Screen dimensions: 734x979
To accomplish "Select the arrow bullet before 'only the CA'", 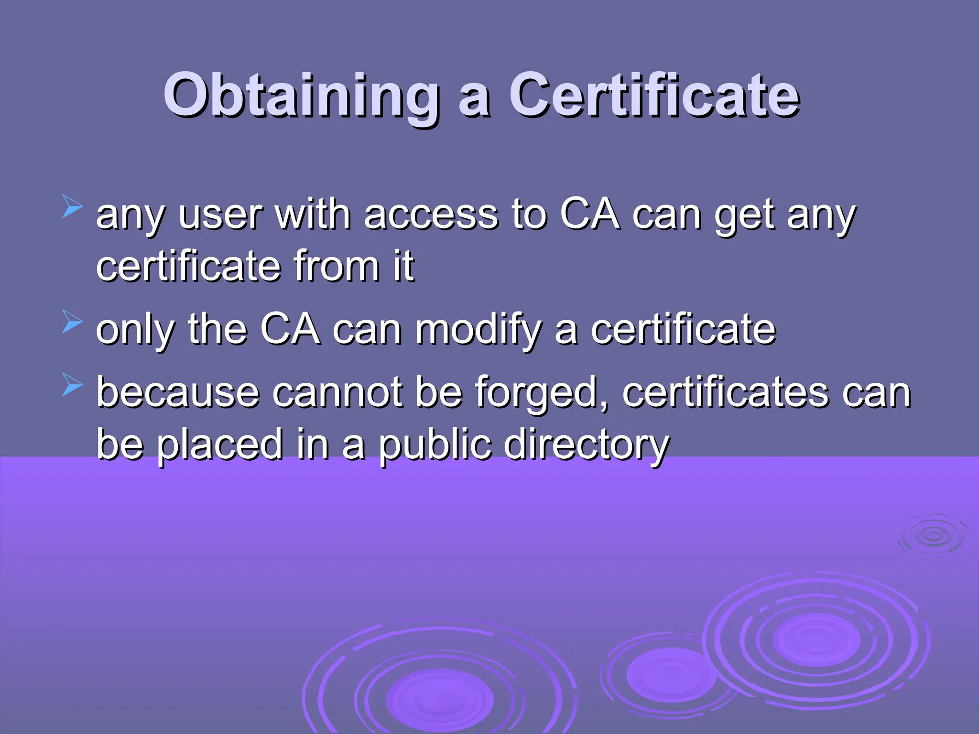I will pos(72,322).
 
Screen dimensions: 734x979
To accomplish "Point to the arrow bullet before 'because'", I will pos(72,385).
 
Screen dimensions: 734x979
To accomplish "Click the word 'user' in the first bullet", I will pos(220,215).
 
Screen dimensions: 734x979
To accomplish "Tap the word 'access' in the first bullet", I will pos(431,215).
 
